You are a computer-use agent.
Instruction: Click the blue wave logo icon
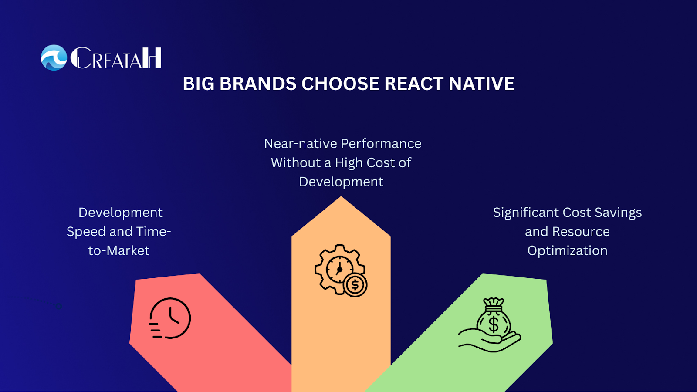click(54, 57)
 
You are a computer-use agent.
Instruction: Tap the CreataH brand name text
click(116, 58)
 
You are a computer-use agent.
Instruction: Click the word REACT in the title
click(414, 84)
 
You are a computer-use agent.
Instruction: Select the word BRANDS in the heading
click(258, 84)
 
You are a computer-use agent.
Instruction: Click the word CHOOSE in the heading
click(340, 84)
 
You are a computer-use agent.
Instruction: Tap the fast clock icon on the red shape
click(170, 318)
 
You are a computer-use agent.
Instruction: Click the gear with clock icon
click(341, 270)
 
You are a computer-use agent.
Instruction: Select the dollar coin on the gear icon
click(355, 285)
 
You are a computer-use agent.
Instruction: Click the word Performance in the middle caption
click(381, 144)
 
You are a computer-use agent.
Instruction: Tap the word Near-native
click(301, 144)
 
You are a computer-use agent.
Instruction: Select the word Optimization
click(567, 251)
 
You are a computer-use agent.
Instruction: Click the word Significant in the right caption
click(526, 213)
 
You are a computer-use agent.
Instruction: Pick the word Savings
click(618, 213)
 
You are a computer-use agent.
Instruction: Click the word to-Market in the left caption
click(119, 251)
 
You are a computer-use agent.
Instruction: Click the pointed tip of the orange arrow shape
click(341, 196)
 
